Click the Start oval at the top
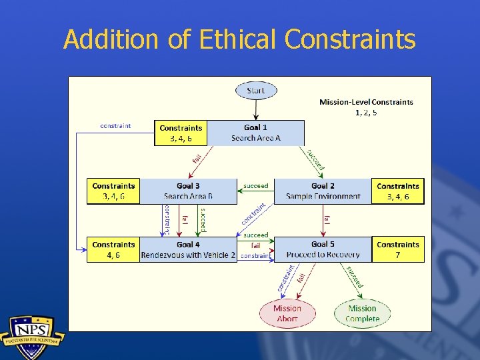click(x=255, y=90)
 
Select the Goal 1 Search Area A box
click(x=256, y=133)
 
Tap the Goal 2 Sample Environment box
click(x=323, y=191)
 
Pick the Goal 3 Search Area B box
click(x=188, y=191)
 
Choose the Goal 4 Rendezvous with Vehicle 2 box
click(x=188, y=250)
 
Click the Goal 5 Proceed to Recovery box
click(x=323, y=250)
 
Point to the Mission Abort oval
click(x=287, y=313)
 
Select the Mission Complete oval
click(x=362, y=313)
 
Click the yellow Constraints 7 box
click(x=398, y=250)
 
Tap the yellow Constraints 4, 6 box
click(x=113, y=250)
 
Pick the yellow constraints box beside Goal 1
click(x=181, y=133)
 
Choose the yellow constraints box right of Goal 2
click(x=398, y=191)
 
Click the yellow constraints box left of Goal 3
click(x=113, y=191)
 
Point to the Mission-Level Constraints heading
click(x=366, y=102)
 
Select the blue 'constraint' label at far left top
click(x=115, y=125)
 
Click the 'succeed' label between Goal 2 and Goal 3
click(x=256, y=186)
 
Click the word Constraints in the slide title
click(x=350, y=39)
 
